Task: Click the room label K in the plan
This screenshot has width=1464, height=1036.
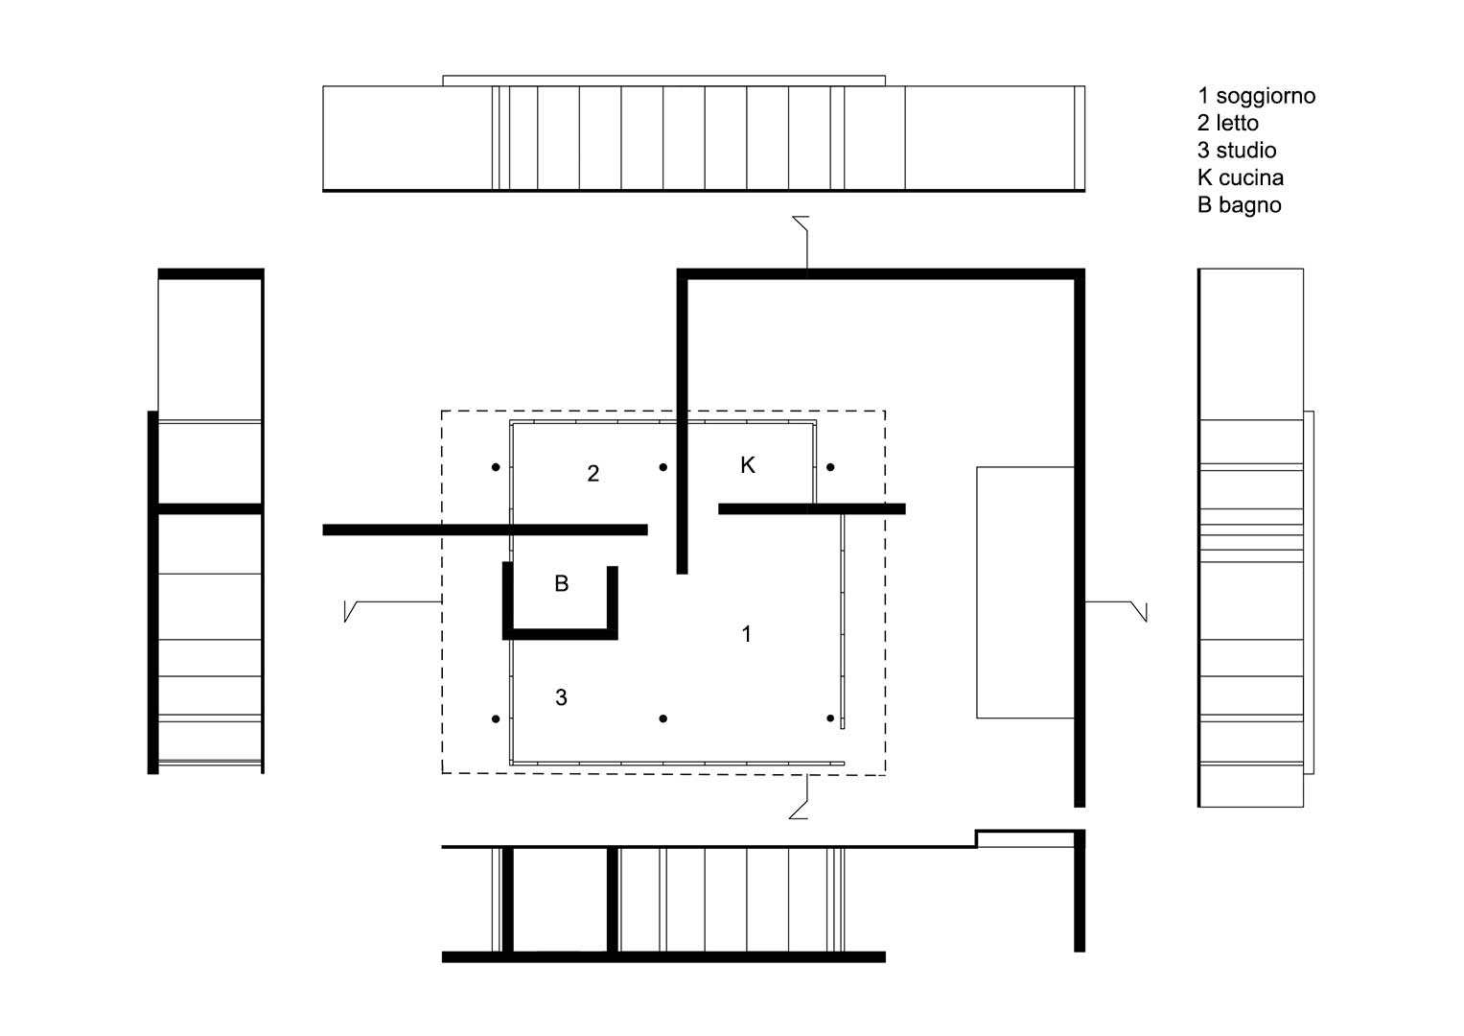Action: click(x=748, y=465)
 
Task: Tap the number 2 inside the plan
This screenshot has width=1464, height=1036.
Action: click(x=593, y=473)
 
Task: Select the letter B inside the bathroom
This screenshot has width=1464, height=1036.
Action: click(x=562, y=583)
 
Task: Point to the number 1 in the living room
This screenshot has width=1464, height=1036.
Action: click(x=746, y=633)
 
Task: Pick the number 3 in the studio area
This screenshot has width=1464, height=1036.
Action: click(x=561, y=697)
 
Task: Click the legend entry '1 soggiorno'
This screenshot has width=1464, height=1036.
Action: click(x=1256, y=96)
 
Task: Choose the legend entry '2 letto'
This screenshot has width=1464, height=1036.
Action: click(x=1228, y=123)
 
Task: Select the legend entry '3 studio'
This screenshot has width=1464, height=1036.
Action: click(x=1237, y=151)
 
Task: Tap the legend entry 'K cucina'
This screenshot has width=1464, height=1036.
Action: click(x=1241, y=177)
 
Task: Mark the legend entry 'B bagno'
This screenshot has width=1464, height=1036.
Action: click(x=1239, y=205)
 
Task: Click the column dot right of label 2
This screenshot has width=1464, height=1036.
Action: click(x=662, y=467)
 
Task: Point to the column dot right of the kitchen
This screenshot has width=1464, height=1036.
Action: click(x=830, y=467)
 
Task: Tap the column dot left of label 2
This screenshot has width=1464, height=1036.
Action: click(x=496, y=467)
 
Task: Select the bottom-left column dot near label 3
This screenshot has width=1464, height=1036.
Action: click(x=496, y=718)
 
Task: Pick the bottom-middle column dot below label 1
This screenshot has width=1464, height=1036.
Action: click(x=662, y=718)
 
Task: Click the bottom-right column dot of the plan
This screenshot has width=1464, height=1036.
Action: click(x=830, y=718)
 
